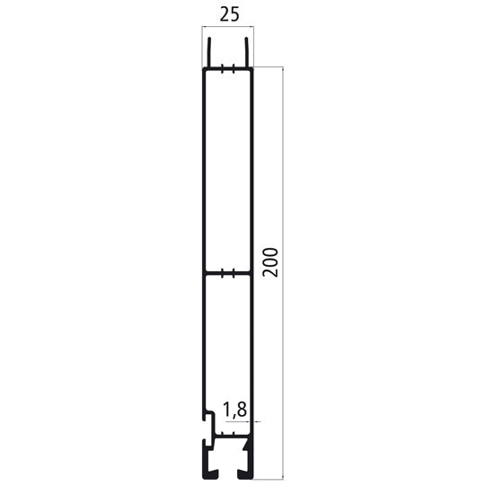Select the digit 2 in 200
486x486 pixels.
pos(275,273)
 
